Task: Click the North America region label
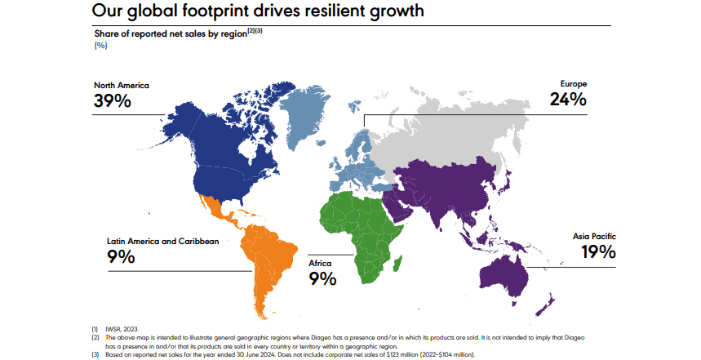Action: (x=122, y=85)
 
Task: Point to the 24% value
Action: (x=568, y=100)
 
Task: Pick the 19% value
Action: (x=598, y=252)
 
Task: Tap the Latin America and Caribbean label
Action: (x=163, y=242)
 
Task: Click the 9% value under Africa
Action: (x=323, y=280)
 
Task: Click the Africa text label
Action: (x=320, y=264)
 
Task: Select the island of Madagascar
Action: (x=397, y=263)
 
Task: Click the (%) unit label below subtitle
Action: (x=101, y=45)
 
